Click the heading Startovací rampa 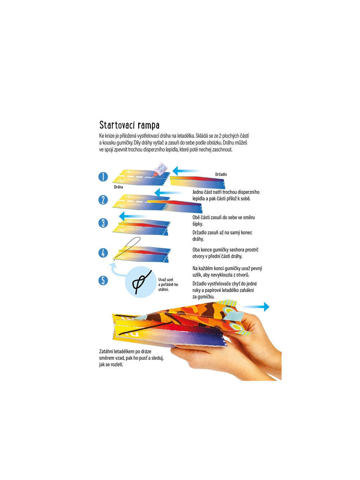129,125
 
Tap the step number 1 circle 103,177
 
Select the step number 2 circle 103,200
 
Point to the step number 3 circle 103,223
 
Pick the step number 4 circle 103,252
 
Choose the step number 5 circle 103,280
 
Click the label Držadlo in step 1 221,174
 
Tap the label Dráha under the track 118,187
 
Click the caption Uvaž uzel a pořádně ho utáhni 168,284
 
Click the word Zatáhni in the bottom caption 107,351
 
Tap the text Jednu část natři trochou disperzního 226,192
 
